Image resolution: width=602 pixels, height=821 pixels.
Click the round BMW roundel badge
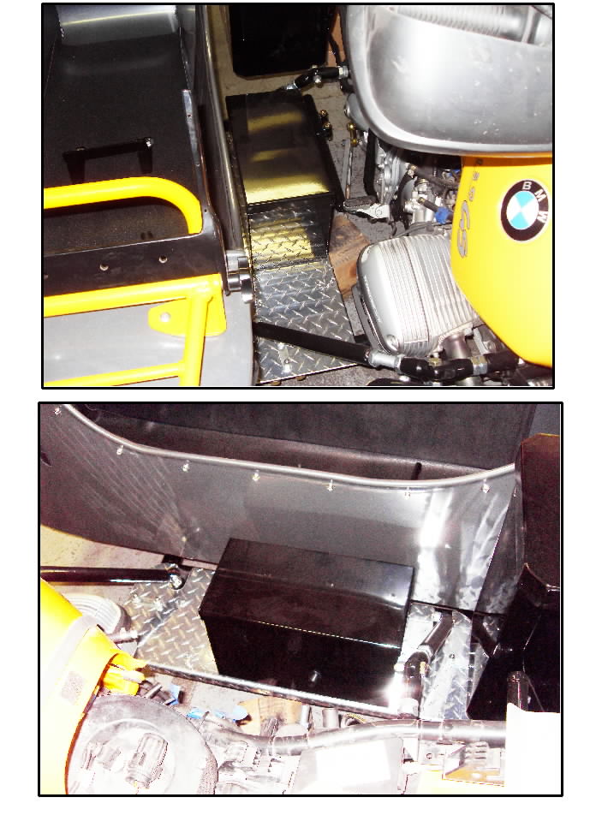pyautogui.click(x=524, y=210)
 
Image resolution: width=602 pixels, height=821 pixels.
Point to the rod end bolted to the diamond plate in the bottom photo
pyautogui.click(x=175, y=580)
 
